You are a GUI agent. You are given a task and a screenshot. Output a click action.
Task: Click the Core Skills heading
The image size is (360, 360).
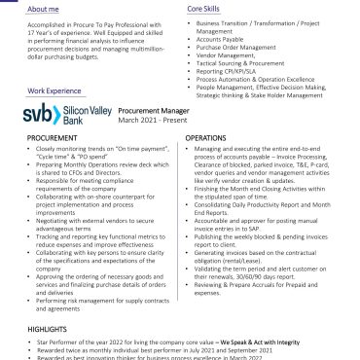tap(205, 6)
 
